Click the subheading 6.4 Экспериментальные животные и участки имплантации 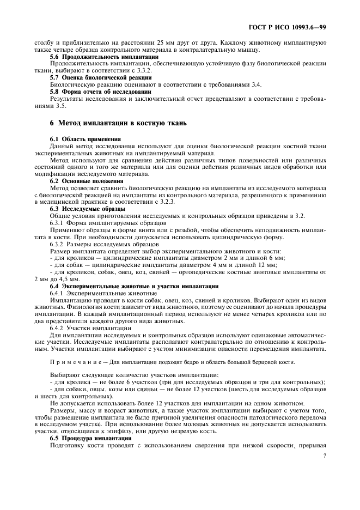pyautogui.click(x=134, y=286)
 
